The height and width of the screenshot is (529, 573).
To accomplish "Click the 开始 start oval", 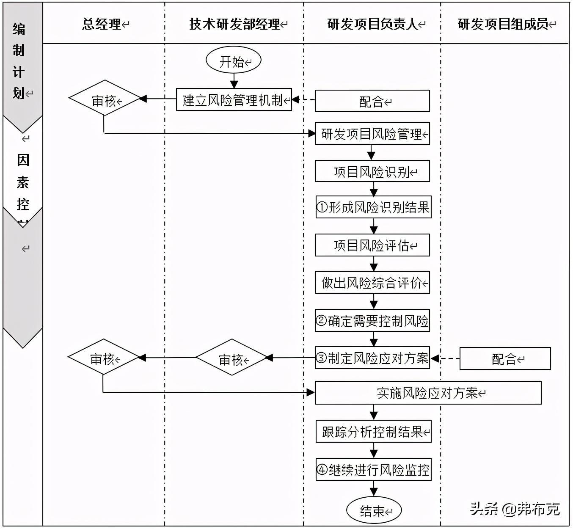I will point(233,60).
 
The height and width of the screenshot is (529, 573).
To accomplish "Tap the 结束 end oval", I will point(373,510).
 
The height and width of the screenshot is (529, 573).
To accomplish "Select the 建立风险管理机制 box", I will point(234,99).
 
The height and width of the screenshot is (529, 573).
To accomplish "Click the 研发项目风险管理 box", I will point(372,134).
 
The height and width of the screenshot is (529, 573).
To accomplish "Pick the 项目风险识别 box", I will point(372,171).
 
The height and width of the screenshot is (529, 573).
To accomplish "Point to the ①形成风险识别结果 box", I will point(373,207).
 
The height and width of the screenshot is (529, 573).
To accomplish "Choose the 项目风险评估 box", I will point(372,245).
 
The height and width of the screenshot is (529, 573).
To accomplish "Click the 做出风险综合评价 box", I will point(372,282).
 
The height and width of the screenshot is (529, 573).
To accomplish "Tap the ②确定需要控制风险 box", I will point(372,320).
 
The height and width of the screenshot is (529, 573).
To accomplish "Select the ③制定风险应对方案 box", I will point(372,358).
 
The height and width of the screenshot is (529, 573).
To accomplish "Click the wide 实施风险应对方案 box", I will point(428,393).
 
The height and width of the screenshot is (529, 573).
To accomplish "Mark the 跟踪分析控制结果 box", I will point(373,431).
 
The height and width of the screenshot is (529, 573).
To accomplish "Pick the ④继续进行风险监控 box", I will point(373,469).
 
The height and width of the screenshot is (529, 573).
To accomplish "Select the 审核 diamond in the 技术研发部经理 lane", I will point(232,358).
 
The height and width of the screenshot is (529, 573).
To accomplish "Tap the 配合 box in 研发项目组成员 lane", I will point(505,358).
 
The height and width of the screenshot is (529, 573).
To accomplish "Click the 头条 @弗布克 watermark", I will point(515,508).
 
